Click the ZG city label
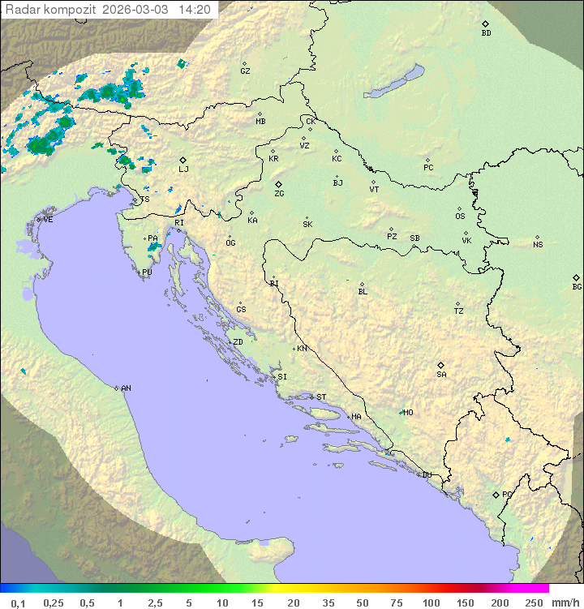coord(279,194)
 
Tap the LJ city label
coord(183,169)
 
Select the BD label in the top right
coord(486,33)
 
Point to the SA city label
coord(441,375)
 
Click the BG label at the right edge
coord(577,287)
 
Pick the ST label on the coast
coord(321,397)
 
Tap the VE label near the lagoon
coord(48,220)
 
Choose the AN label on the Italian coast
coord(126,388)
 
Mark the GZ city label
coord(245,71)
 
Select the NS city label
coord(538,245)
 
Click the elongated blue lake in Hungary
coord(393,82)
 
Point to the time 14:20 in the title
coord(195,10)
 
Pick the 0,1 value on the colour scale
coord(18,603)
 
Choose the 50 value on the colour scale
coord(362,603)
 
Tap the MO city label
coord(408,413)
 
